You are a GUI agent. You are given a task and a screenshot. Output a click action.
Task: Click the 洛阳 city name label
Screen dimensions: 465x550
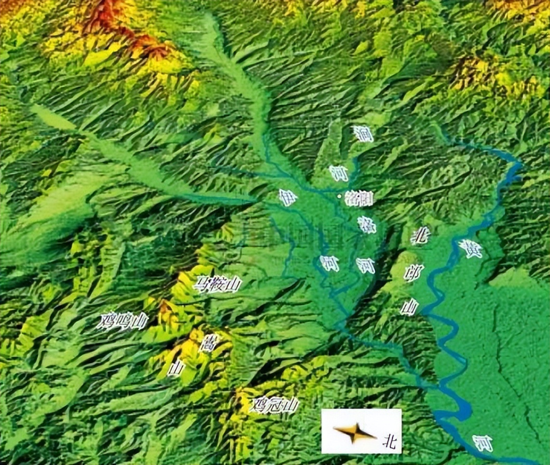(x=359, y=198)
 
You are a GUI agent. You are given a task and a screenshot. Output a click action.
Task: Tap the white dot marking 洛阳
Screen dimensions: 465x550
(x=339, y=196)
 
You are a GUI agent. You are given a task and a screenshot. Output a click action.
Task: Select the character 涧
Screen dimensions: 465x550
(x=363, y=133)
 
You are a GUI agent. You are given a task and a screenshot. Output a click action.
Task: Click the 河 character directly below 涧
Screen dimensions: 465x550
(x=338, y=172)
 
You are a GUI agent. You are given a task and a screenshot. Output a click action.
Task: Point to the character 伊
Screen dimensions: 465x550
(x=287, y=197)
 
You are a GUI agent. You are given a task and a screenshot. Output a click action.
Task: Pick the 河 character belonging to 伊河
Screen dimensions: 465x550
(x=329, y=263)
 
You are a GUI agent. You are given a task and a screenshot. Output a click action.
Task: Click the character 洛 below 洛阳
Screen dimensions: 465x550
(x=366, y=224)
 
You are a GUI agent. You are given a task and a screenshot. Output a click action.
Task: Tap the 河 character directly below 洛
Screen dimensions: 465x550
(x=365, y=265)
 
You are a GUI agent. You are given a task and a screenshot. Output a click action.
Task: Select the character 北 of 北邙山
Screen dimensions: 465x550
(x=420, y=236)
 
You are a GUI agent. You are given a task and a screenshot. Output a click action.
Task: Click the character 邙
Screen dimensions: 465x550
(x=414, y=272)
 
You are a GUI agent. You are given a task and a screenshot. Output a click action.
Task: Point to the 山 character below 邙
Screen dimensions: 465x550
(x=409, y=307)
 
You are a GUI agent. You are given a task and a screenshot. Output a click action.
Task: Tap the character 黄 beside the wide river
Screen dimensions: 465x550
(x=471, y=249)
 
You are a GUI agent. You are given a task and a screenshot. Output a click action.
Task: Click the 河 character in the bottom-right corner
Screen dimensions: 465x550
(x=483, y=443)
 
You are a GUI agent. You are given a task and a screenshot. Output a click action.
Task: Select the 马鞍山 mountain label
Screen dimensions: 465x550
(x=217, y=284)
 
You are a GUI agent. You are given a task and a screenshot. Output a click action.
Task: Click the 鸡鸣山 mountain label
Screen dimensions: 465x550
(x=122, y=321)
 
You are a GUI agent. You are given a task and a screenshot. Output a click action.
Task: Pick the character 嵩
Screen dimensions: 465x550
(x=210, y=342)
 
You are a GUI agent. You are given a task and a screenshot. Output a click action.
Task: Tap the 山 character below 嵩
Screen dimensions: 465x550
(x=176, y=368)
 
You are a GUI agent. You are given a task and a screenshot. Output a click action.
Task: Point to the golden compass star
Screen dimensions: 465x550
(x=354, y=432)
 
